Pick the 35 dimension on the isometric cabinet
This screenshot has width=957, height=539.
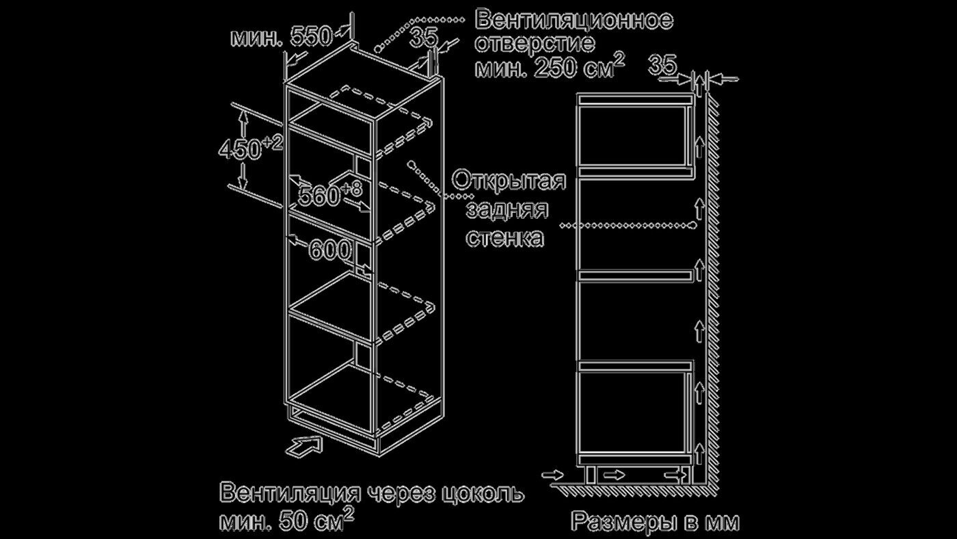pyautogui.click(x=423, y=38)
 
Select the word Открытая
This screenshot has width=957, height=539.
pyautogui.click(x=509, y=183)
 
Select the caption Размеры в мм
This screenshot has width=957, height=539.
pyautogui.click(x=654, y=523)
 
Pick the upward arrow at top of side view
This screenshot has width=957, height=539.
pyautogui.click(x=699, y=86)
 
